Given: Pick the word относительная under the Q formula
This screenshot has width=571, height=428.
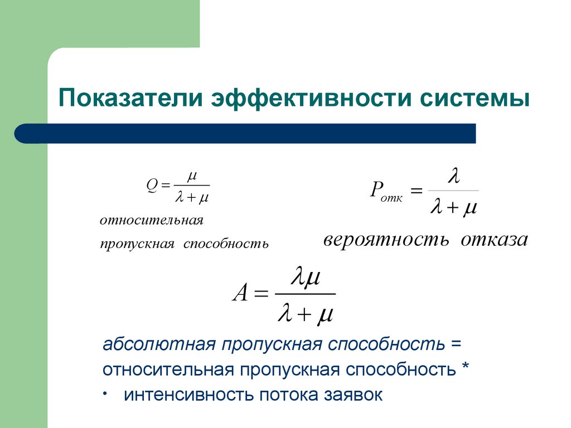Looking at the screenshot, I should point(152,221).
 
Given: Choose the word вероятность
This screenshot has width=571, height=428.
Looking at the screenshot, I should point(386,240).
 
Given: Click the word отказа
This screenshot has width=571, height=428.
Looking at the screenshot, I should point(494,240).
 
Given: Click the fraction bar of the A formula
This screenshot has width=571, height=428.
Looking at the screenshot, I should point(305,294).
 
